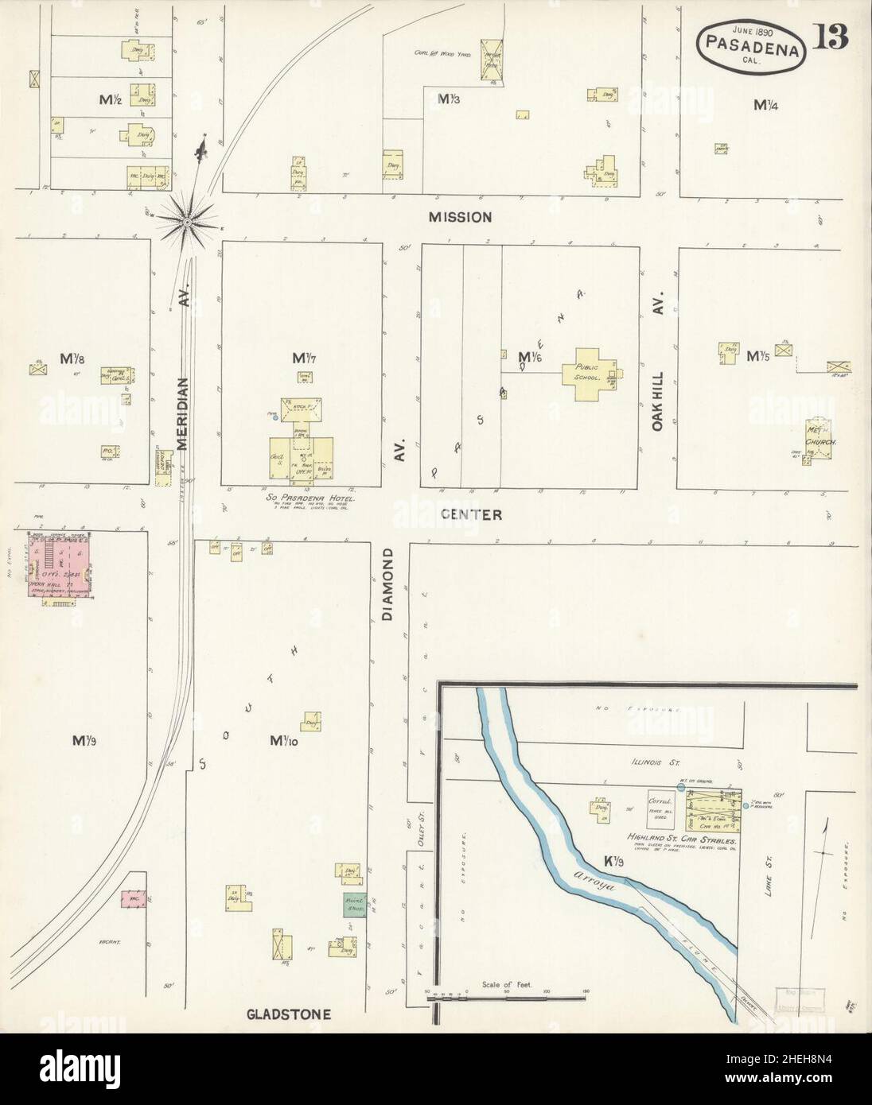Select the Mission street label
click(460, 217)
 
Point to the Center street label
click(472, 514)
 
